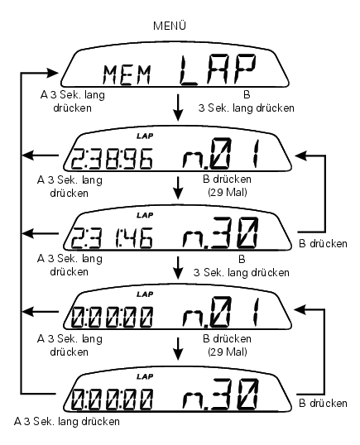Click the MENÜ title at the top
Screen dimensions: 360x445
[170, 26]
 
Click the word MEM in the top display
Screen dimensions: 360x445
[127, 75]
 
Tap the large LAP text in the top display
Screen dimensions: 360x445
[218, 70]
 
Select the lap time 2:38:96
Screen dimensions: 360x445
[112, 159]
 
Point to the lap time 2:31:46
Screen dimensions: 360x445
[112, 238]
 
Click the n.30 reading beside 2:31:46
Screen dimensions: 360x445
[221, 232]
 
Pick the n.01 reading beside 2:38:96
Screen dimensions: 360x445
[221, 153]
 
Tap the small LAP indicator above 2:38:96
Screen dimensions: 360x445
[145, 136]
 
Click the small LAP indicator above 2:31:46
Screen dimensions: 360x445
[145, 215]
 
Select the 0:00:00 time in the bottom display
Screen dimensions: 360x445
[112, 399]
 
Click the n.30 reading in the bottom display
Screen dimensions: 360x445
[221, 395]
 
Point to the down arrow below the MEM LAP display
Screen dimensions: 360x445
[178, 108]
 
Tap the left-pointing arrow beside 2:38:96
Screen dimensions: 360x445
[40, 156]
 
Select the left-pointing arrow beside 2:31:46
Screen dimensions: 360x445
[40, 234]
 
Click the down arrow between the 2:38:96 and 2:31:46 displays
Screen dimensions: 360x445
[178, 188]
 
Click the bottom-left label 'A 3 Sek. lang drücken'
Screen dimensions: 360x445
[67, 422]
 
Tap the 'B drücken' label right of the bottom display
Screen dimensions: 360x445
[323, 404]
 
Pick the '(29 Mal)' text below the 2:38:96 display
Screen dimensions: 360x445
[228, 193]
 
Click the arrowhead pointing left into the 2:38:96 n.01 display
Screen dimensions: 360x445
[301, 156]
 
